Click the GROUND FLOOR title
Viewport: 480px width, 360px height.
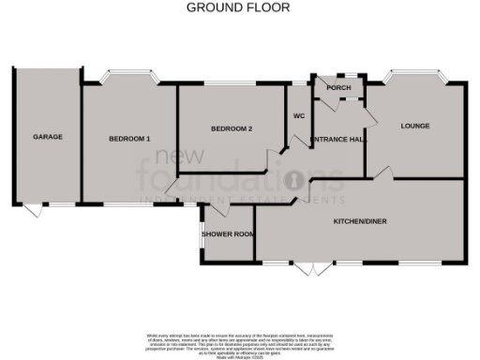tap(239, 7)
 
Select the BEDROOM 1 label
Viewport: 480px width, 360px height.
tap(129, 139)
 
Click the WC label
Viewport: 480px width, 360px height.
tap(298, 117)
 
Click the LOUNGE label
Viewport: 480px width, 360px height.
tap(414, 126)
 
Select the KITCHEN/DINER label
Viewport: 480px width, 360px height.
tap(361, 222)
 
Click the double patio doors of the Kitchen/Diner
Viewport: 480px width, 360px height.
tap(313, 268)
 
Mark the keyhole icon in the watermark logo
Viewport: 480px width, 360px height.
tap(293, 177)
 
